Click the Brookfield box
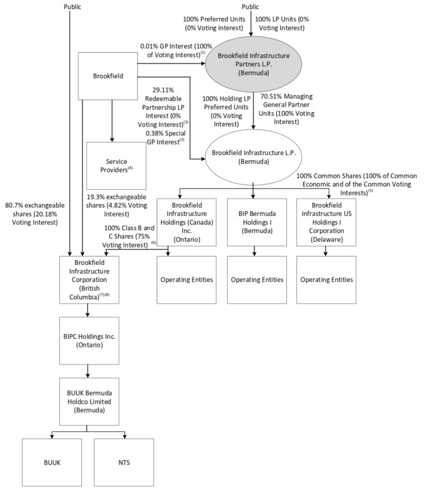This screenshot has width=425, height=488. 108,76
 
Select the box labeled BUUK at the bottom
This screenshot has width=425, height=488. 51,462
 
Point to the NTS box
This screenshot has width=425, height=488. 124,462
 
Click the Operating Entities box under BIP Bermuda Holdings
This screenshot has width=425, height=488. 256,280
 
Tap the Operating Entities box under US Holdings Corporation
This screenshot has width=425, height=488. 326,280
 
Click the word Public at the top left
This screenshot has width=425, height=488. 72,7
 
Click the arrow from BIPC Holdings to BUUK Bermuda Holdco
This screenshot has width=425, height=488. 88,370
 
